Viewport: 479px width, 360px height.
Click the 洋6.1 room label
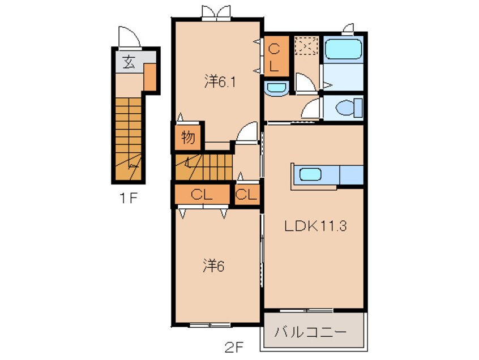pos(220,82)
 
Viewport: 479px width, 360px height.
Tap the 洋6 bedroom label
pos(213,266)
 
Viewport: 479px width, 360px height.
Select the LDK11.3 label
pos(315,226)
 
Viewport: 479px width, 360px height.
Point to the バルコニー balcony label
pos(310,332)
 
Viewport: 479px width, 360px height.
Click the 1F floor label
pos(129,199)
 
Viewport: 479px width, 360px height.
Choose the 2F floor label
pos(234,347)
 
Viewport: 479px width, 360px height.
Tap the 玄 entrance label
pos(129,62)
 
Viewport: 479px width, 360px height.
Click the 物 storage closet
pos(188,138)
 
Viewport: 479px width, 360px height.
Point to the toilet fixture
pos(349,108)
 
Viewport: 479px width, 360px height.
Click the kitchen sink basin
pos(310,174)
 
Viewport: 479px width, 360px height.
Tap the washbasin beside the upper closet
pos(276,88)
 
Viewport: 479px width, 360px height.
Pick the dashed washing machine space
pos(306,45)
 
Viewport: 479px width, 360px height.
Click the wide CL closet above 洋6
pos(202,194)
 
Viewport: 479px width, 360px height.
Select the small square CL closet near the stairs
pos(247,194)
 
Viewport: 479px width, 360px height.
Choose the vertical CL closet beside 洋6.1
pos(276,56)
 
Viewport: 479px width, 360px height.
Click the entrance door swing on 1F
pos(129,38)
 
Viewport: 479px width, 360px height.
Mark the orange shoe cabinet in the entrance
pos(150,77)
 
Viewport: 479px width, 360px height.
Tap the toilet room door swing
pos(312,109)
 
